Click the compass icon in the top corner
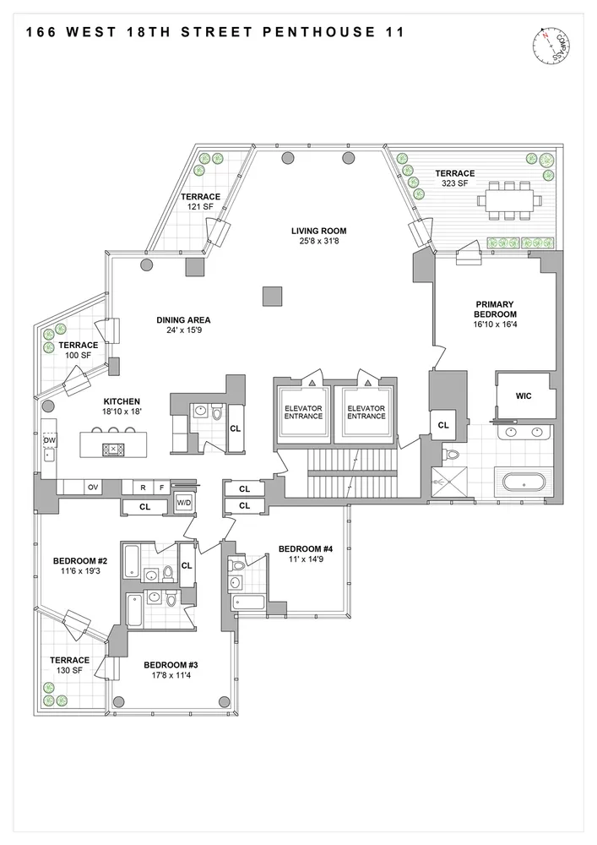tap(551, 46)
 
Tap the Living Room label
tap(318, 232)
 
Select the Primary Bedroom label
tap(495, 309)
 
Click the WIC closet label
tap(524, 396)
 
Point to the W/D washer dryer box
tap(184, 503)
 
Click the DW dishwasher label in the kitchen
tap(50, 440)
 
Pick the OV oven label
tap(93, 488)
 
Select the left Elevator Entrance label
tap(303, 412)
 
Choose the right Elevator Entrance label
tap(366, 412)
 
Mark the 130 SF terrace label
tap(69, 665)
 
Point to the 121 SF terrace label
tap(200, 202)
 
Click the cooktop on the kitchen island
tap(113, 449)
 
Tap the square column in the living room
tap(273, 296)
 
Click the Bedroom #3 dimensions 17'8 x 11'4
tap(171, 675)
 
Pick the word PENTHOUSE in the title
tap(319, 32)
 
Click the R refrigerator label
tap(144, 488)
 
